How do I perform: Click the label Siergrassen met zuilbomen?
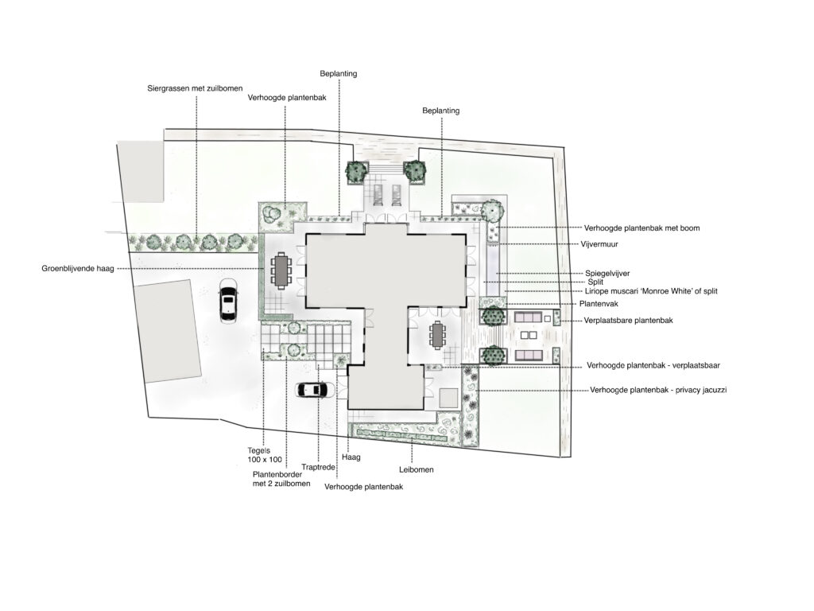(195, 88)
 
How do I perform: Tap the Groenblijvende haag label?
(78, 269)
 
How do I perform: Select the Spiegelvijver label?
(607, 274)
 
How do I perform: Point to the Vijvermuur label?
(599, 243)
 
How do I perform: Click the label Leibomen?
(417, 469)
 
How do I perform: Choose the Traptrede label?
(318, 467)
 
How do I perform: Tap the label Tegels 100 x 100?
(265, 455)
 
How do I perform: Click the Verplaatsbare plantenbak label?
(628, 320)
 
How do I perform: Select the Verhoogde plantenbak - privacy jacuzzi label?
(658, 390)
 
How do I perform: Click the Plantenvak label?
(599, 303)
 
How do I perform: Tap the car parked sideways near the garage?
(316, 390)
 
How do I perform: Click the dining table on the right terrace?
(438, 335)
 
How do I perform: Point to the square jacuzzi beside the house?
(448, 398)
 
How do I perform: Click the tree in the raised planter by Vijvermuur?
(491, 211)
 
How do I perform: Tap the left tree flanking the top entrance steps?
(357, 171)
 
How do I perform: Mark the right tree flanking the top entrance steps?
(414, 171)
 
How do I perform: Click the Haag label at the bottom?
(351, 457)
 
